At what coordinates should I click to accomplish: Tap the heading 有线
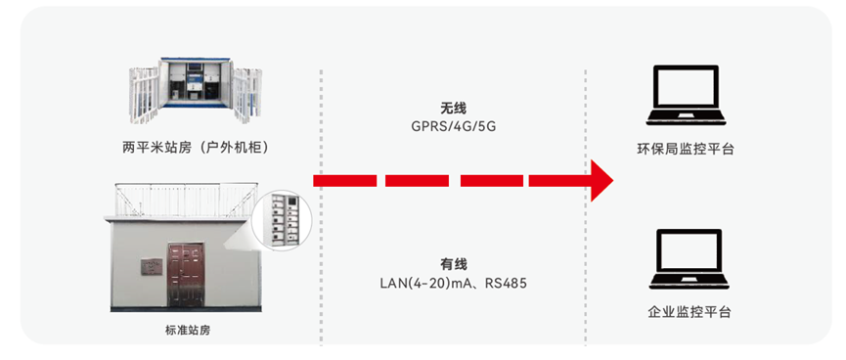point(453,264)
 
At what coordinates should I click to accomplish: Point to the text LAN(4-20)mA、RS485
point(453,283)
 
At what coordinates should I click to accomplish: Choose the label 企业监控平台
point(690,312)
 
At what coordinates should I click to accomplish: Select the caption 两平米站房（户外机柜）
point(196,148)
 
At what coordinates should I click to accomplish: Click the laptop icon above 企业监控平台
point(689,259)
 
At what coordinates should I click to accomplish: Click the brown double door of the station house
point(185,275)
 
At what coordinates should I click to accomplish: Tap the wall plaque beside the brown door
point(152,267)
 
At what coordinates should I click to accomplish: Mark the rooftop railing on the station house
point(186,201)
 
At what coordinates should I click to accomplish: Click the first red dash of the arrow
point(345,181)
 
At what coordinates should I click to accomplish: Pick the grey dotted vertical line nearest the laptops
point(586,206)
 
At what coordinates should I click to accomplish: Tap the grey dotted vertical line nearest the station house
point(321,206)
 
